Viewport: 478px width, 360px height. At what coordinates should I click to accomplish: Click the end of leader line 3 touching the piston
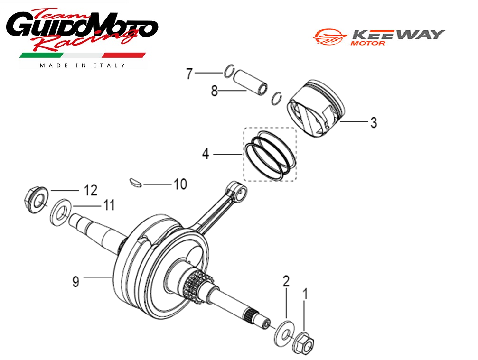pos(339,121)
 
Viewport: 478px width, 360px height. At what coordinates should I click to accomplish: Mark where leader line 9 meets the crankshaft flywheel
pos(112,277)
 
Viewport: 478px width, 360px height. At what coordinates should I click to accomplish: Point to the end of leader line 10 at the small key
pos(143,185)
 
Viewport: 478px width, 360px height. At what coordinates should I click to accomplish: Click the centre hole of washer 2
pos(285,335)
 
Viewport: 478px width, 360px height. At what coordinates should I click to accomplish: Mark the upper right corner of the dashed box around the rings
pos(296,128)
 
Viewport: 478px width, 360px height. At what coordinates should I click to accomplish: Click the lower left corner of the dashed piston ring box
pos(244,181)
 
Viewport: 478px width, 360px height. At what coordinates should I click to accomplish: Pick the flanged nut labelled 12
pos(35,200)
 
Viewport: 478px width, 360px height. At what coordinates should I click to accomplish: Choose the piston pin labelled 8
pos(251,82)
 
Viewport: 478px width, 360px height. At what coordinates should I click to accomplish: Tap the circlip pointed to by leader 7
pos(229,72)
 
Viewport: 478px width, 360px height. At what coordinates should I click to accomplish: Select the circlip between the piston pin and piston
pos(276,98)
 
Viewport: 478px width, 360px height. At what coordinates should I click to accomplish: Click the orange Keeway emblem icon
pos(330,37)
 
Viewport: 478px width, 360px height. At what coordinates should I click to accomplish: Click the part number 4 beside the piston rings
pos(206,154)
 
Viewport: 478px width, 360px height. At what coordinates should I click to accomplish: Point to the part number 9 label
pos(75,281)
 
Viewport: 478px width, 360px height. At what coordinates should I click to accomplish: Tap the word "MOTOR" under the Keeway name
pos(367,43)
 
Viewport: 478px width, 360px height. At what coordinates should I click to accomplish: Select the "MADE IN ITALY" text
pos(82,65)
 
